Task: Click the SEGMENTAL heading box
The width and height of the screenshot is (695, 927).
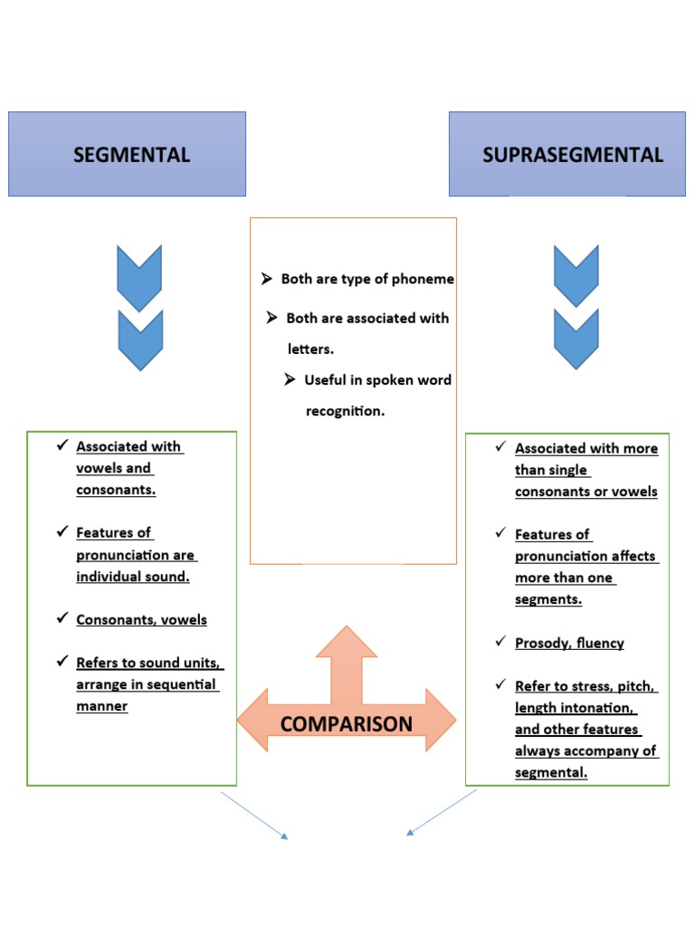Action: coord(127,154)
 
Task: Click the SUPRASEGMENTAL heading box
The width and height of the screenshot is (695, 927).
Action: coord(567,154)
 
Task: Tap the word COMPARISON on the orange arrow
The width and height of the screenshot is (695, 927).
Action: coord(346,723)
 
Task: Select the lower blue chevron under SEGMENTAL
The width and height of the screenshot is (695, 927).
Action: coord(139,339)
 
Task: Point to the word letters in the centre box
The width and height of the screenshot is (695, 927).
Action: coord(311,349)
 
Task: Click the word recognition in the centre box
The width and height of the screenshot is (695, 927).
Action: coord(345,411)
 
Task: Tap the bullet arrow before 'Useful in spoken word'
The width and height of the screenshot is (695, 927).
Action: coord(290,379)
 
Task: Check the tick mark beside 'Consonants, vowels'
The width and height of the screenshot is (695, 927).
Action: coord(62,619)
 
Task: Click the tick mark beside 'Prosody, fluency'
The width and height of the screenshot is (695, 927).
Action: coord(500,642)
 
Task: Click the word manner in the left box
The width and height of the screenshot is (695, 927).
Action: coord(101,706)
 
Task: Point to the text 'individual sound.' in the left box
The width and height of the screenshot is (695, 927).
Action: coord(133,577)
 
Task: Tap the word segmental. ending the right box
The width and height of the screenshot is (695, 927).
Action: coord(551,772)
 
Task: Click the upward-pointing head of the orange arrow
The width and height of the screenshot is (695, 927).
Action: coord(346,642)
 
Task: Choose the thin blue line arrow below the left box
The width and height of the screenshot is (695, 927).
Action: coord(254,815)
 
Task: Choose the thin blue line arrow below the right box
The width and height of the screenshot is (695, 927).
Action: coord(442,812)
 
